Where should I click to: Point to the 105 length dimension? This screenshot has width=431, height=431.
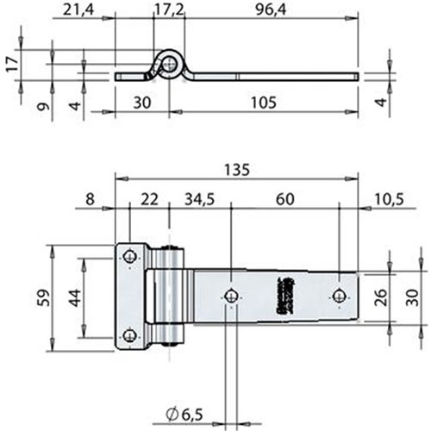pos(264,103)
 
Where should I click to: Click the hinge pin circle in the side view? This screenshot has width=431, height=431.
pos(170,63)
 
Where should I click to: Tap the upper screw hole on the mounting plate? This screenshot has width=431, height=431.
pos(129,256)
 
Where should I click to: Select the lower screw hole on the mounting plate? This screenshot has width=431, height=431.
pos(129,336)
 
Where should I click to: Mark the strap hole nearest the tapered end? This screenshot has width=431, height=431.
pos(339,296)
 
